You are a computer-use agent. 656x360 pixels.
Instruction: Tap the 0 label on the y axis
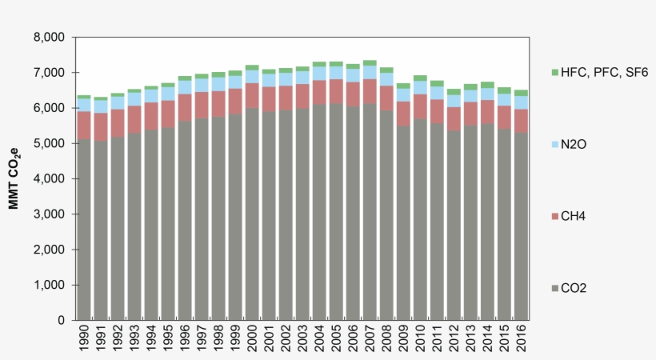click(x=60, y=321)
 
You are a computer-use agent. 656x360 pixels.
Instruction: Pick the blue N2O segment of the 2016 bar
click(x=520, y=102)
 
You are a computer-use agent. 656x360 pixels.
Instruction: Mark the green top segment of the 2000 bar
click(x=252, y=68)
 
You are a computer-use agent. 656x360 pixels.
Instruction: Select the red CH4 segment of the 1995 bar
click(x=168, y=114)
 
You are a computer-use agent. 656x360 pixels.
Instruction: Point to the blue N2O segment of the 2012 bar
click(x=453, y=101)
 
